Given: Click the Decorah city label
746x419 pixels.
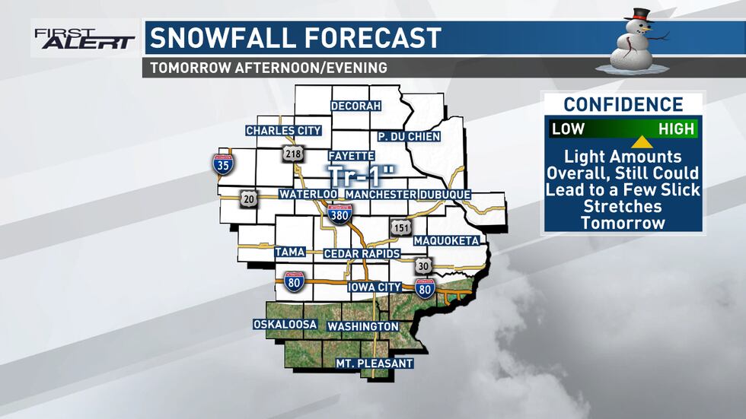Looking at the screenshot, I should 355,106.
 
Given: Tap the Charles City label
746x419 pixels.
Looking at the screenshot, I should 283,131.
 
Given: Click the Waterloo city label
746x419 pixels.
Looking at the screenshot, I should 308,195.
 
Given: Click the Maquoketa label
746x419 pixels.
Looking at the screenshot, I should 446,241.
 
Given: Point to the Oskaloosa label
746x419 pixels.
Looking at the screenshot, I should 285,325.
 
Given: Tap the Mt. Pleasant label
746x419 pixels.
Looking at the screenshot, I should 375,363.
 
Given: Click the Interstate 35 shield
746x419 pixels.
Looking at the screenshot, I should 223,163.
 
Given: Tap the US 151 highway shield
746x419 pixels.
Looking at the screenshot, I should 400,228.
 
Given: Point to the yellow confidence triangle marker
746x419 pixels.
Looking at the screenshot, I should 642,142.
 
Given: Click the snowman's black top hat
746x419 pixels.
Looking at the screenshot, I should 639,14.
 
